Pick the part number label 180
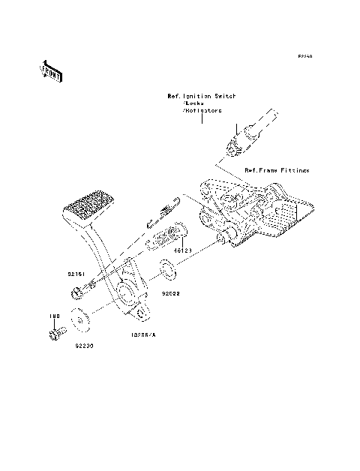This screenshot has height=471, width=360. [54, 316]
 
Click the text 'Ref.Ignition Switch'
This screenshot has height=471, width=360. [201, 96]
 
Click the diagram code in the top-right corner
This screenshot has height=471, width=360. [304, 56]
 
